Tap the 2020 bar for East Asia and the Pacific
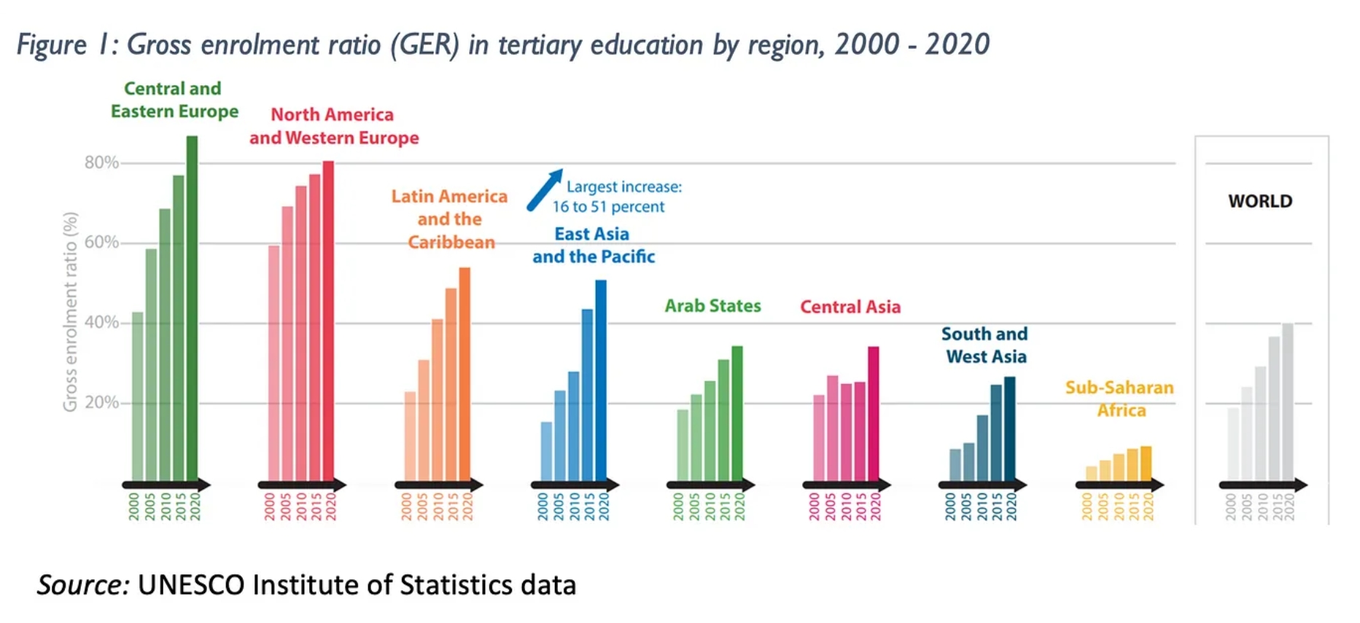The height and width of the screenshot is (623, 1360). coord(601,379)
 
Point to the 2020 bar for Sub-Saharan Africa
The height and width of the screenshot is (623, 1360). coord(1146,463)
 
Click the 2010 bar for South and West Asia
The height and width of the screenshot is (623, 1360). coord(982,447)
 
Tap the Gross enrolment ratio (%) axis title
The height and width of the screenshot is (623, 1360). coord(70,312)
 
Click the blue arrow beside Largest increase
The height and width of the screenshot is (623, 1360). coord(545,190)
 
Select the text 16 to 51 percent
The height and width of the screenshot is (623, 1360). coord(608,207)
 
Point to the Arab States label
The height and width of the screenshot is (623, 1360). coord(712,306)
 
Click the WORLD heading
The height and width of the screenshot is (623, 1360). coord(1259,201)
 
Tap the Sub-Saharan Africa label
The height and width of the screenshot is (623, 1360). coord(1119,399)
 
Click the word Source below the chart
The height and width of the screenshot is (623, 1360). coord(82,585)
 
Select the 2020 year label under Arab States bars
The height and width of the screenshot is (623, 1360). coord(740,506)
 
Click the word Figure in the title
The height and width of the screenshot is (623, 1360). coord(52,45)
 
